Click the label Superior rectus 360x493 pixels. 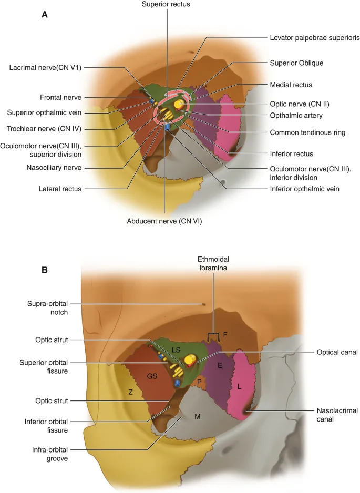(x=165, y=5)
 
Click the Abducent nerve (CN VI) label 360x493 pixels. (x=164, y=221)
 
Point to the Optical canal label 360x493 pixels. (x=337, y=352)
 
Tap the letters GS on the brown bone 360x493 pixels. (x=151, y=377)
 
